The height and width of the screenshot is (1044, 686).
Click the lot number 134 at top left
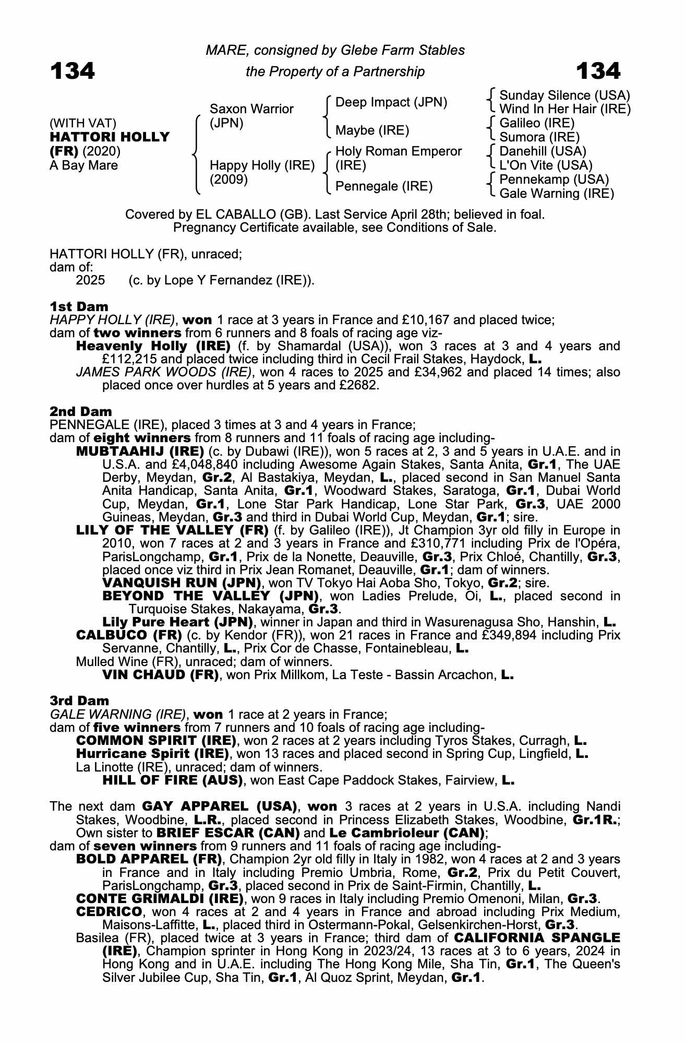(73, 71)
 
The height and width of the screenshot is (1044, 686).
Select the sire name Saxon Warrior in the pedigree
(251, 109)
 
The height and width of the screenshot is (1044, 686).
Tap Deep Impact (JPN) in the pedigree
(391, 102)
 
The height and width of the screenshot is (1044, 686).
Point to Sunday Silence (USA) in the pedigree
(564, 96)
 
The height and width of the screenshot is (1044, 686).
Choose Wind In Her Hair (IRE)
(565, 109)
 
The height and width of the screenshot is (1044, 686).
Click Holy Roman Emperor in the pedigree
(399, 151)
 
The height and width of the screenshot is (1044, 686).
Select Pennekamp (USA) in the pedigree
(554, 179)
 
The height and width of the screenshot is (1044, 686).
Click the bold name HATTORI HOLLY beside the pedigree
(110, 137)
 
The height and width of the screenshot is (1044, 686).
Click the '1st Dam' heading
(79, 306)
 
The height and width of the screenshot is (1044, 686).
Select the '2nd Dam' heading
(80, 411)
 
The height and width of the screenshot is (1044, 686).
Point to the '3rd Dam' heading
(79, 701)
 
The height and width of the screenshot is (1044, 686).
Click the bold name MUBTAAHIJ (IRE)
(140, 451)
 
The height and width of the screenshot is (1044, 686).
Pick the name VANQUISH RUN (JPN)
(182, 583)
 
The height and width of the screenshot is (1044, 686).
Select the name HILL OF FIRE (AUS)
(173, 780)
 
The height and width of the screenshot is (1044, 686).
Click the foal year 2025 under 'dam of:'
(90, 280)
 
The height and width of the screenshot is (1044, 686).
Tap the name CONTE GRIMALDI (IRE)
(160, 898)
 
